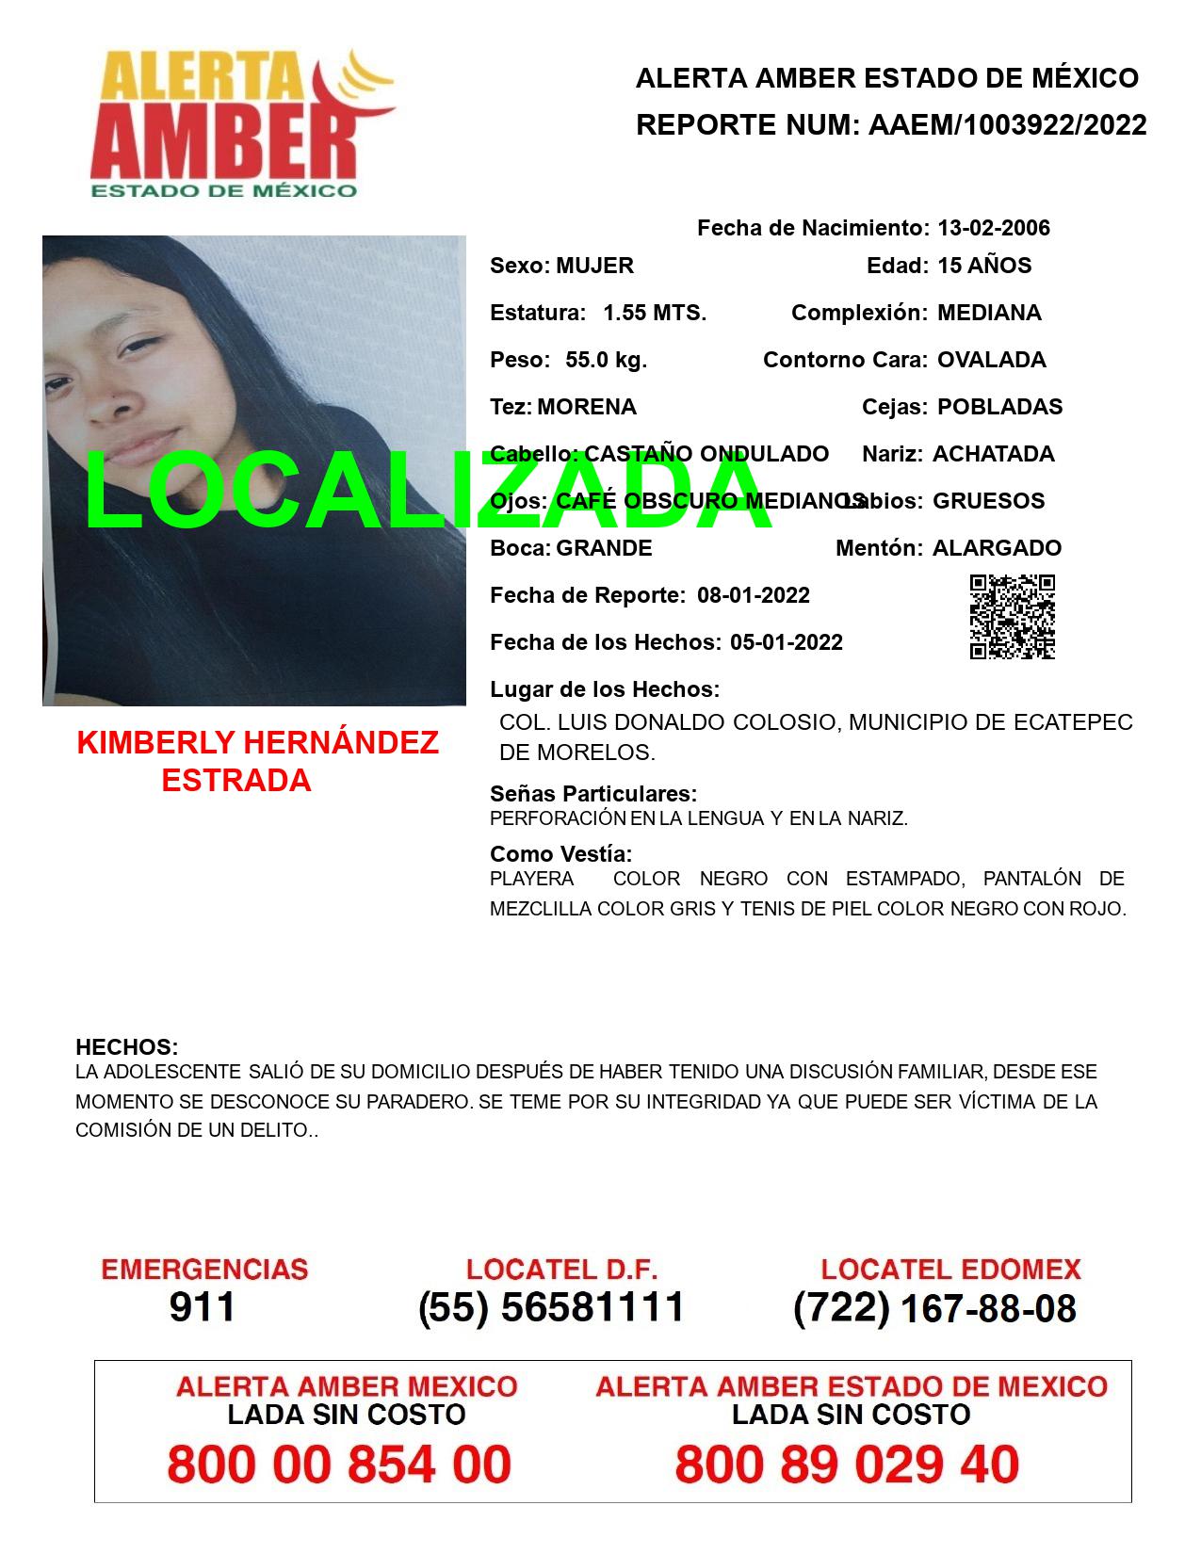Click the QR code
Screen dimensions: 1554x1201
(x=1013, y=617)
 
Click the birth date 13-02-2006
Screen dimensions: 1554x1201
(x=993, y=228)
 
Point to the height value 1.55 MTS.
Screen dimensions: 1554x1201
(x=655, y=313)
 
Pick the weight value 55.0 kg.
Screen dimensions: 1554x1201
(x=606, y=360)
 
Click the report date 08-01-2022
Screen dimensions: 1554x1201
(x=754, y=595)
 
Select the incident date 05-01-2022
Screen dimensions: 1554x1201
(x=786, y=642)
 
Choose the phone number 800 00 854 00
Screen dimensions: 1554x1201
(x=339, y=1465)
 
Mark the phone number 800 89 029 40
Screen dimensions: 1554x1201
(x=847, y=1465)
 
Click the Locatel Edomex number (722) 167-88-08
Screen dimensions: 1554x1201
(x=934, y=1308)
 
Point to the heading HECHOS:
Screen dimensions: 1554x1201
(x=127, y=1047)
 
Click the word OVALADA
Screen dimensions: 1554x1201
(x=991, y=360)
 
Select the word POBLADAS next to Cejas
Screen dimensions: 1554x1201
(x=999, y=407)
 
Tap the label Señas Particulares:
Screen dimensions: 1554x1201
(x=593, y=794)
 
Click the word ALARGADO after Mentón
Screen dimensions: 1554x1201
(x=997, y=548)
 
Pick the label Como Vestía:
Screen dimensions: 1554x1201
(x=561, y=854)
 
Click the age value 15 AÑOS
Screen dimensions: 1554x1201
(x=984, y=266)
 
